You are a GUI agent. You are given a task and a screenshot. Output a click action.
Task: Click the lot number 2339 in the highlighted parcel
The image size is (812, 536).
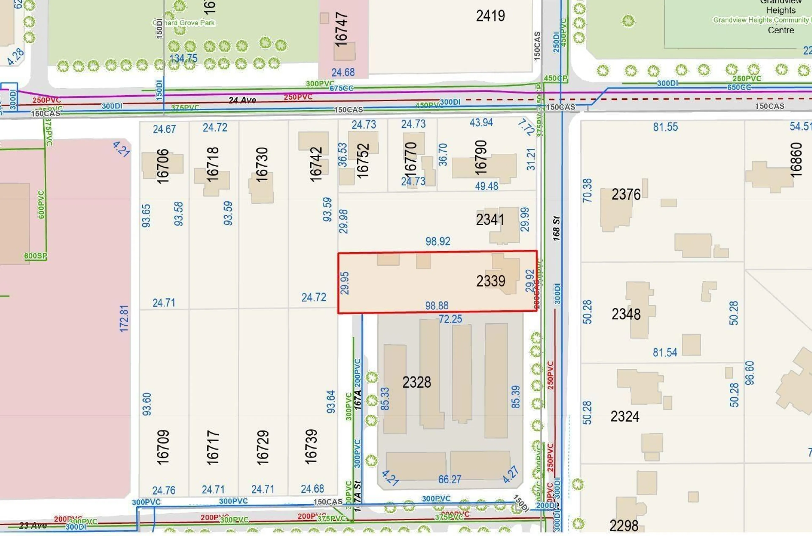[x=491, y=281]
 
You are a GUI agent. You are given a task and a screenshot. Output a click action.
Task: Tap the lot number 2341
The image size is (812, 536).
[x=490, y=219]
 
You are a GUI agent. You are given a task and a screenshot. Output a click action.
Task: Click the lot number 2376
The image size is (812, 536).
[x=626, y=194]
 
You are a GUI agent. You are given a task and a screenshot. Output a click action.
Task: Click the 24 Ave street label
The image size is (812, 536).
[x=242, y=100]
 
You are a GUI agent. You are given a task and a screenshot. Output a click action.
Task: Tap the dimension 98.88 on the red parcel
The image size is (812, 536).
[x=437, y=305]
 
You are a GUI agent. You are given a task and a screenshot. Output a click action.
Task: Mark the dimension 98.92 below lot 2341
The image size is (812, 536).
[x=438, y=241]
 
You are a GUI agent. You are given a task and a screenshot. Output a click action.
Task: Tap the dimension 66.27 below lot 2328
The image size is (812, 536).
[x=450, y=480]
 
